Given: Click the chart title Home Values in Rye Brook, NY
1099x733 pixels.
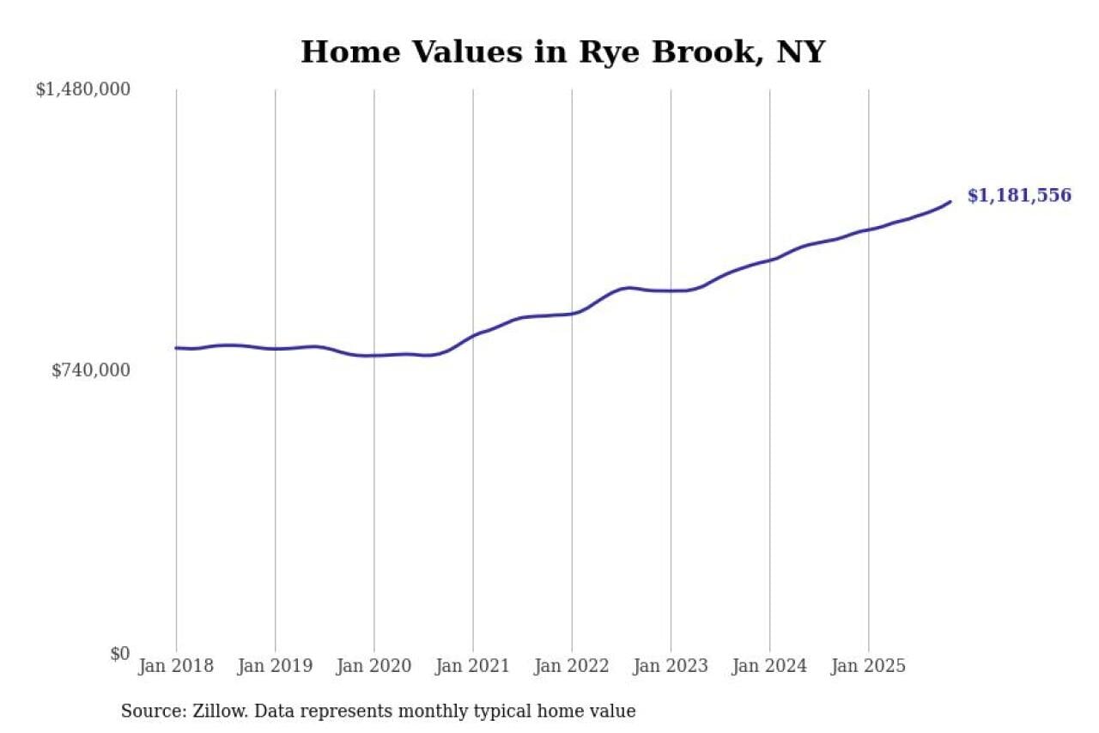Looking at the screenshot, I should (x=562, y=52).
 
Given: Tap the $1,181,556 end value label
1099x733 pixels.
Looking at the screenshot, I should (x=1019, y=196).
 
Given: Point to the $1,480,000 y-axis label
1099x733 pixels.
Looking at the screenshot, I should (x=82, y=89).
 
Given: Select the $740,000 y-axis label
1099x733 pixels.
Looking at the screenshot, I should (x=91, y=370).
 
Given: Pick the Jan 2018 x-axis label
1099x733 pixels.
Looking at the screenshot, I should (x=176, y=667).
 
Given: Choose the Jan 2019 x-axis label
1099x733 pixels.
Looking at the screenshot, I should (x=275, y=667).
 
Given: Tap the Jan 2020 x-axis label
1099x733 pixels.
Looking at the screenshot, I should (x=374, y=667).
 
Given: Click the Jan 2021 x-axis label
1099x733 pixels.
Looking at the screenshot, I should (x=473, y=667).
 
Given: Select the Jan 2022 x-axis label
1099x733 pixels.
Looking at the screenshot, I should (x=572, y=667).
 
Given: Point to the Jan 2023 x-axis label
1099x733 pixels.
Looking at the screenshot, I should (x=671, y=667).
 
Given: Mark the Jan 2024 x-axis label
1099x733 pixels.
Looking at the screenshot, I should (x=770, y=667).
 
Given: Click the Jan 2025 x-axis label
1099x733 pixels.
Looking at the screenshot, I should (x=869, y=667).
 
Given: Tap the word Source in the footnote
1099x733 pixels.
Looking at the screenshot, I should (x=149, y=712).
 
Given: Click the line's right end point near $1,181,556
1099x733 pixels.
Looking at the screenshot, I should (x=950, y=202).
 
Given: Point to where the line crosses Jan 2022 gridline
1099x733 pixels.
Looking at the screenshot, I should (x=572, y=314).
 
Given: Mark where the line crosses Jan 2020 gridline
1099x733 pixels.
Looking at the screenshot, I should (x=374, y=355).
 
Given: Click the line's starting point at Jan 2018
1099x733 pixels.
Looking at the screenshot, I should (x=176, y=348).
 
